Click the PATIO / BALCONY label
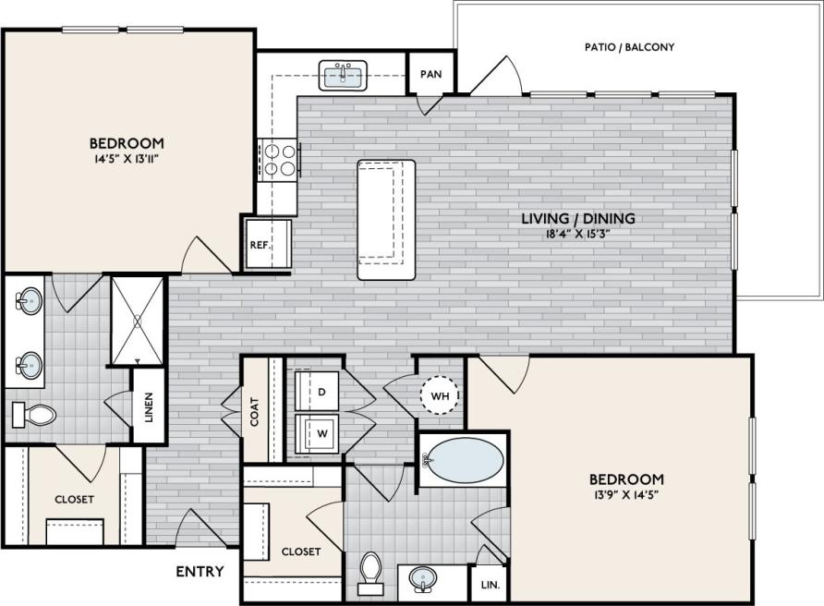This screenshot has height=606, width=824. [x=630, y=46]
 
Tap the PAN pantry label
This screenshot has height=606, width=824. [x=430, y=74]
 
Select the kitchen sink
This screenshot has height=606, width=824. [x=344, y=76]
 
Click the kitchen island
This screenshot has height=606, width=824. [x=386, y=219]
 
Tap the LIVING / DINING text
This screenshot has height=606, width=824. [x=578, y=218]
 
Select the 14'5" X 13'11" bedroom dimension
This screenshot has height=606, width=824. [x=127, y=159]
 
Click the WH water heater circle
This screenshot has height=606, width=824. [x=440, y=395]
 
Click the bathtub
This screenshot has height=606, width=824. [x=465, y=460]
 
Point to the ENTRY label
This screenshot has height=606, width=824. [x=200, y=572]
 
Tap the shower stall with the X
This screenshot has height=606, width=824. [x=137, y=320]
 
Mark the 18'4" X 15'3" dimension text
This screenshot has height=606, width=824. [x=578, y=234]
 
